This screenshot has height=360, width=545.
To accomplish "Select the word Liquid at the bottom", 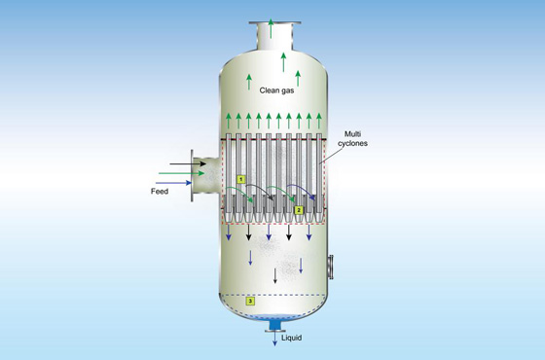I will pos(290,338).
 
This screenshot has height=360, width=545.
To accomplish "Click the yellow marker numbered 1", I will pos(240,178).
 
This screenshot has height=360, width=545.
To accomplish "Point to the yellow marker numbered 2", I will pos(299,208).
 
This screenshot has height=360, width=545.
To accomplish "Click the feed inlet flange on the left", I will pos(194,176).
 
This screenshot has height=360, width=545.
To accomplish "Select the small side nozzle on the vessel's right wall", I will pos(333,263).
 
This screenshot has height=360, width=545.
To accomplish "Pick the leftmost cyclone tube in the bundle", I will pos(231,175).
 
